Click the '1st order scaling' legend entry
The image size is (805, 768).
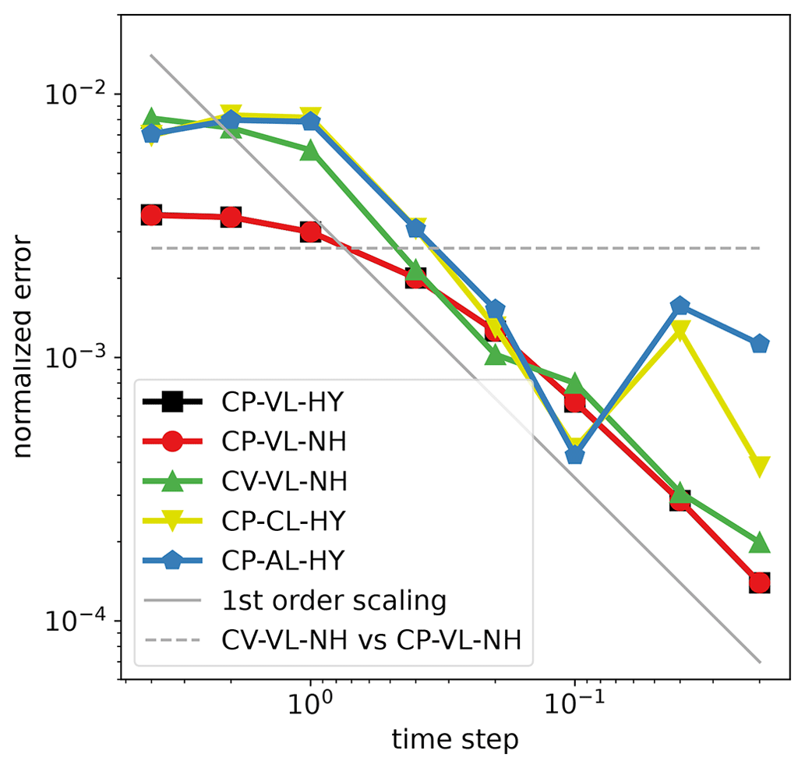tap(334, 601)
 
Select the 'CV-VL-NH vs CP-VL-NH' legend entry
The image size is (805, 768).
tap(371, 641)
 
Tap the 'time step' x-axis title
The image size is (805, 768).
tap(455, 738)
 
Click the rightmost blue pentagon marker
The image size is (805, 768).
tap(760, 344)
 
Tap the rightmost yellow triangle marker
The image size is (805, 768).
tap(760, 466)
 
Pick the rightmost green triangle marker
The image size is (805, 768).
tap(760, 543)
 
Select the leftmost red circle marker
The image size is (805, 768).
tap(152, 215)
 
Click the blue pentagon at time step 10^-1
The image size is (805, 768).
tap(575, 455)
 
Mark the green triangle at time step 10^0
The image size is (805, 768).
tap(310, 150)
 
